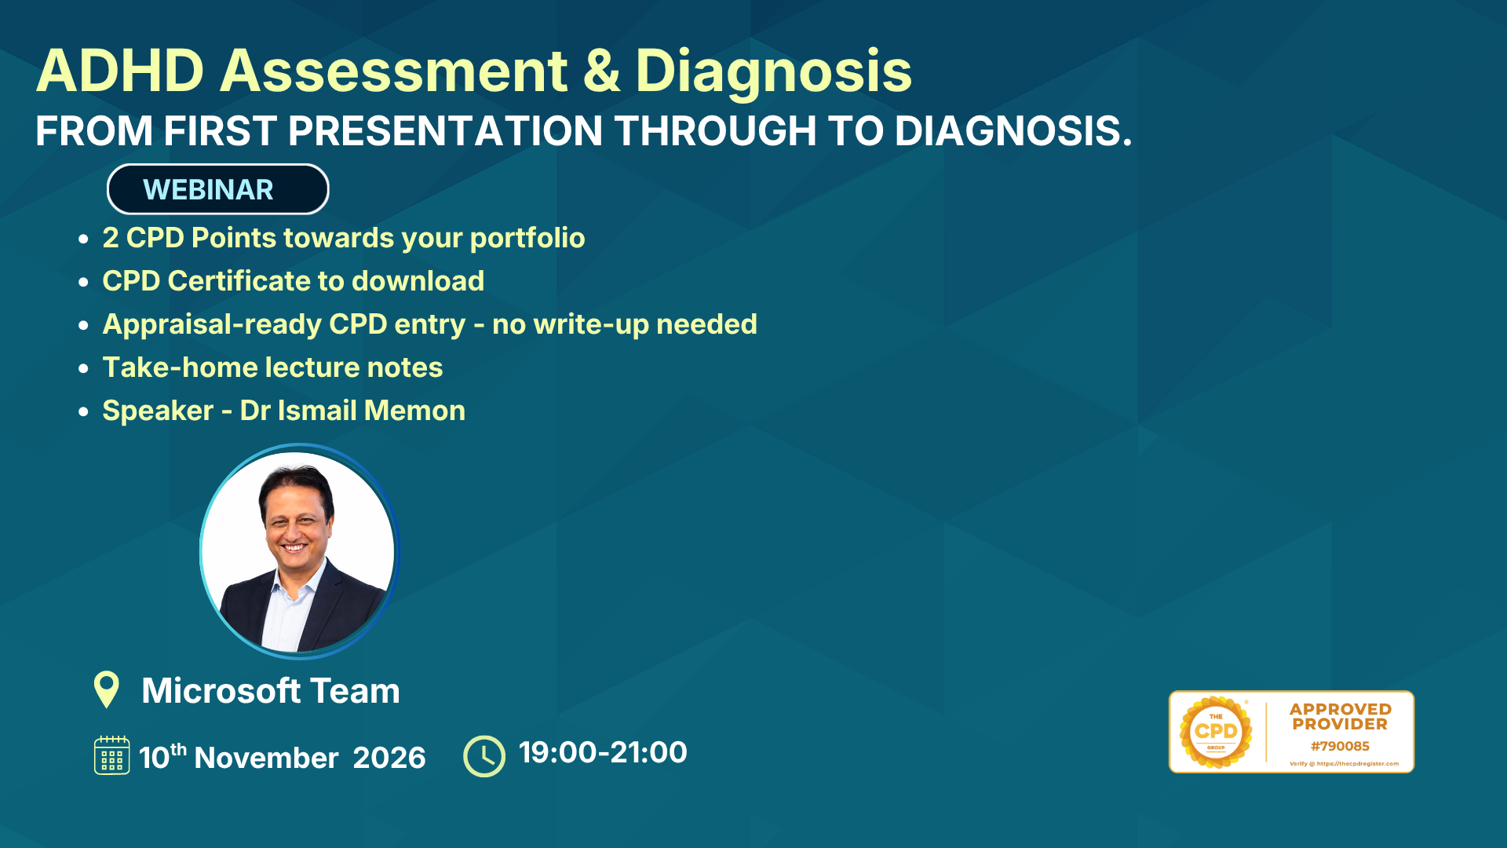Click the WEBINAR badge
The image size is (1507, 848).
(217, 189)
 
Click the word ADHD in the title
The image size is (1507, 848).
(120, 71)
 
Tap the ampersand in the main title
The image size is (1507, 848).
(601, 71)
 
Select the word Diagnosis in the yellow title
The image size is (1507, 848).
(773, 72)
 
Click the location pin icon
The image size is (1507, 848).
(106, 689)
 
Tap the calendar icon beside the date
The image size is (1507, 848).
(111, 755)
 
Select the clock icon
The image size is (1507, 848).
(484, 756)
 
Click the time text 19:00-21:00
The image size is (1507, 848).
(603, 752)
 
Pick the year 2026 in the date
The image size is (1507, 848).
(389, 758)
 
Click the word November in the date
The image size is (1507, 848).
(266, 758)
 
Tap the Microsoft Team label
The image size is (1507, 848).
(271, 691)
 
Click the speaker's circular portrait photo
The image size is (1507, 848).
(299, 551)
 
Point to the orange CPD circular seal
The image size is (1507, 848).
(1216, 732)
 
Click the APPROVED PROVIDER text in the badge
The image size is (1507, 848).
(1340, 717)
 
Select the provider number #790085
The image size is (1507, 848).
(1340, 746)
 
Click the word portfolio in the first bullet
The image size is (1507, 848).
(527, 239)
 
